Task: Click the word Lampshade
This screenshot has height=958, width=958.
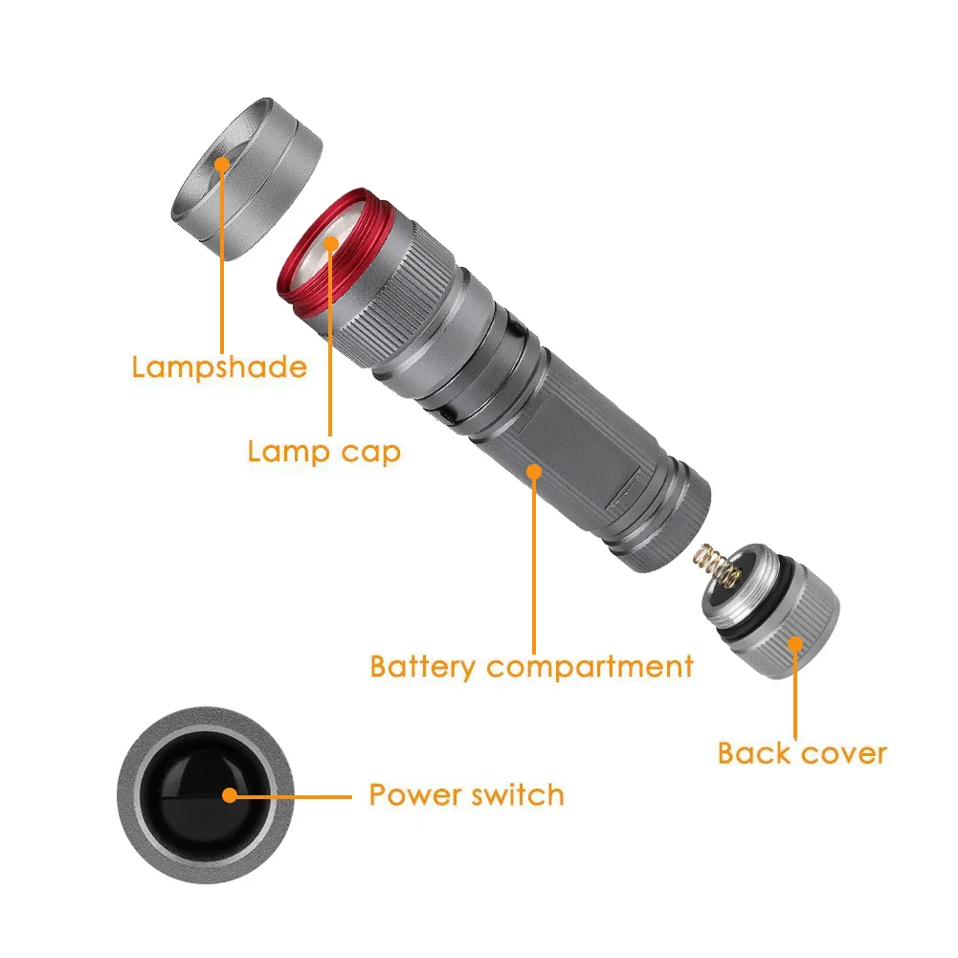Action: (x=219, y=368)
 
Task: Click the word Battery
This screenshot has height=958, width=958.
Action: (x=423, y=666)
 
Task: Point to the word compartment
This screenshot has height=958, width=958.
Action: (x=590, y=667)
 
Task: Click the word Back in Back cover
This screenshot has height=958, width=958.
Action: (x=754, y=752)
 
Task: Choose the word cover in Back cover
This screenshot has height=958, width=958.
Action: (x=843, y=753)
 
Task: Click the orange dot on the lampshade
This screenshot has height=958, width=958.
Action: (x=222, y=164)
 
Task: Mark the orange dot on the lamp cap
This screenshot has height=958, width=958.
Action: (x=331, y=243)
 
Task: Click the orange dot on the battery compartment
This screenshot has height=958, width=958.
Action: (x=533, y=471)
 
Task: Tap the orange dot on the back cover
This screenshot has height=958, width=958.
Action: (x=793, y=643)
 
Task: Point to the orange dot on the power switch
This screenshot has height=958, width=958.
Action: (x=229, y=794)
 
